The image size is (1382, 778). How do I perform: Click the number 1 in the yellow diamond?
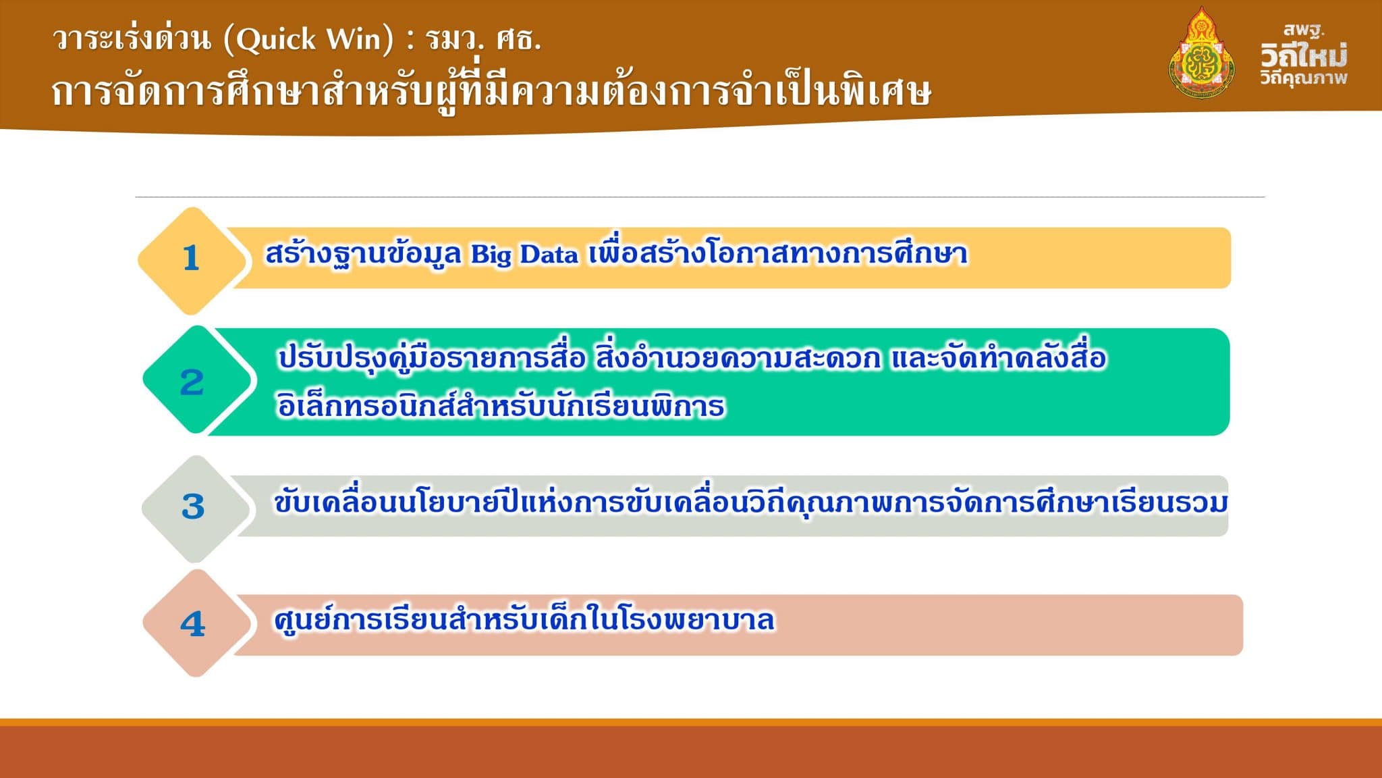[191, 258]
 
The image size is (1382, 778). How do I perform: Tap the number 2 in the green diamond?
[192, 383]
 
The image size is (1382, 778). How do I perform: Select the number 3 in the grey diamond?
[193, 507]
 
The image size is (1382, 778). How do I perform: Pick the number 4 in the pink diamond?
[193, 624]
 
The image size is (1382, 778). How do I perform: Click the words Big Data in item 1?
[524, 255]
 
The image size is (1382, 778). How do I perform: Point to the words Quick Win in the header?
[308, 39]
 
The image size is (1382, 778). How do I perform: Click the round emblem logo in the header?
[1201, 54]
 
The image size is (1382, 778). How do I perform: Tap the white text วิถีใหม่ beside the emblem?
[1303, 55]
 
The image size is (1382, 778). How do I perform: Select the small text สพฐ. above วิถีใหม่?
[1304, 30]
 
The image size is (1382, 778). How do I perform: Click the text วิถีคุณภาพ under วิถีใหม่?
[1303, 78]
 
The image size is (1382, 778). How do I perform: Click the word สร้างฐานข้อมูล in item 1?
[363, 255]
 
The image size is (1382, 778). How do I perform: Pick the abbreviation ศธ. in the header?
[518, 39]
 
